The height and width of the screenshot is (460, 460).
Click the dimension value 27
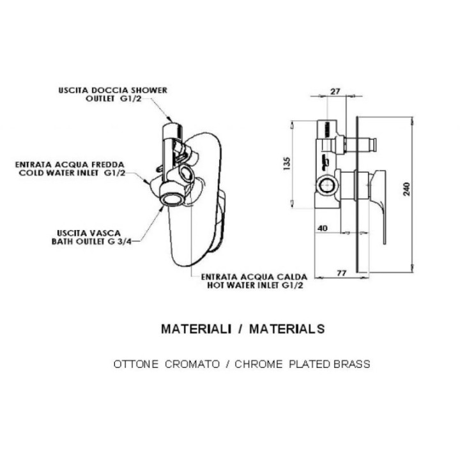coord(335,91)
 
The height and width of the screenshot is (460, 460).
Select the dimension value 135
coord(287,164)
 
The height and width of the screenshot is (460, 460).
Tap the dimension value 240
coord(406,189)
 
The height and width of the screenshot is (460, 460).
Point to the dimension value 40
coord(323,228)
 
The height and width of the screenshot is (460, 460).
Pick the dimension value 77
coord(341,273)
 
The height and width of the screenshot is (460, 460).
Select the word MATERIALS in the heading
coord(287,329)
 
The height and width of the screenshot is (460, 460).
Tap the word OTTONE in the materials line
coord(136,364)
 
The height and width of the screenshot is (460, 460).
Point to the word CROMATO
coord(192,364)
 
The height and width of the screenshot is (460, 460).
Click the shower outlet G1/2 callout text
coord(113,94)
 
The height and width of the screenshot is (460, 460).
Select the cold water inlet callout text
coord(70,169)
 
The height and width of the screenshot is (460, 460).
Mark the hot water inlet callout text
coord(254,281)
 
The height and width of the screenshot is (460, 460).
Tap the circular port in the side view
coord(327,185)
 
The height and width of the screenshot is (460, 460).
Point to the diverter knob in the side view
coord(372,145)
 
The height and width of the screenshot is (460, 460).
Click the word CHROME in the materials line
coord(259,364)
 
